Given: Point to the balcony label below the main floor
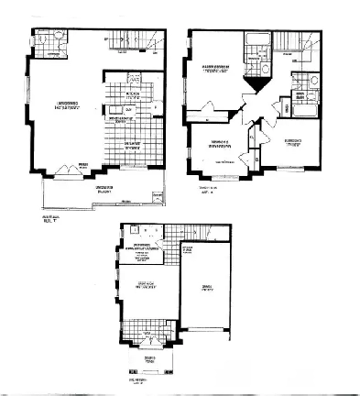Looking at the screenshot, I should pos(109,191).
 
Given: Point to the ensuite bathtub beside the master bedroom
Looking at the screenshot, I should pos(253,41).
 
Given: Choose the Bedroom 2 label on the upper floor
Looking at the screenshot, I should pos(217,141).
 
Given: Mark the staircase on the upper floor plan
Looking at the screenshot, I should pos(298,41).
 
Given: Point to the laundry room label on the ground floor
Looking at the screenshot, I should pos(143,247).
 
